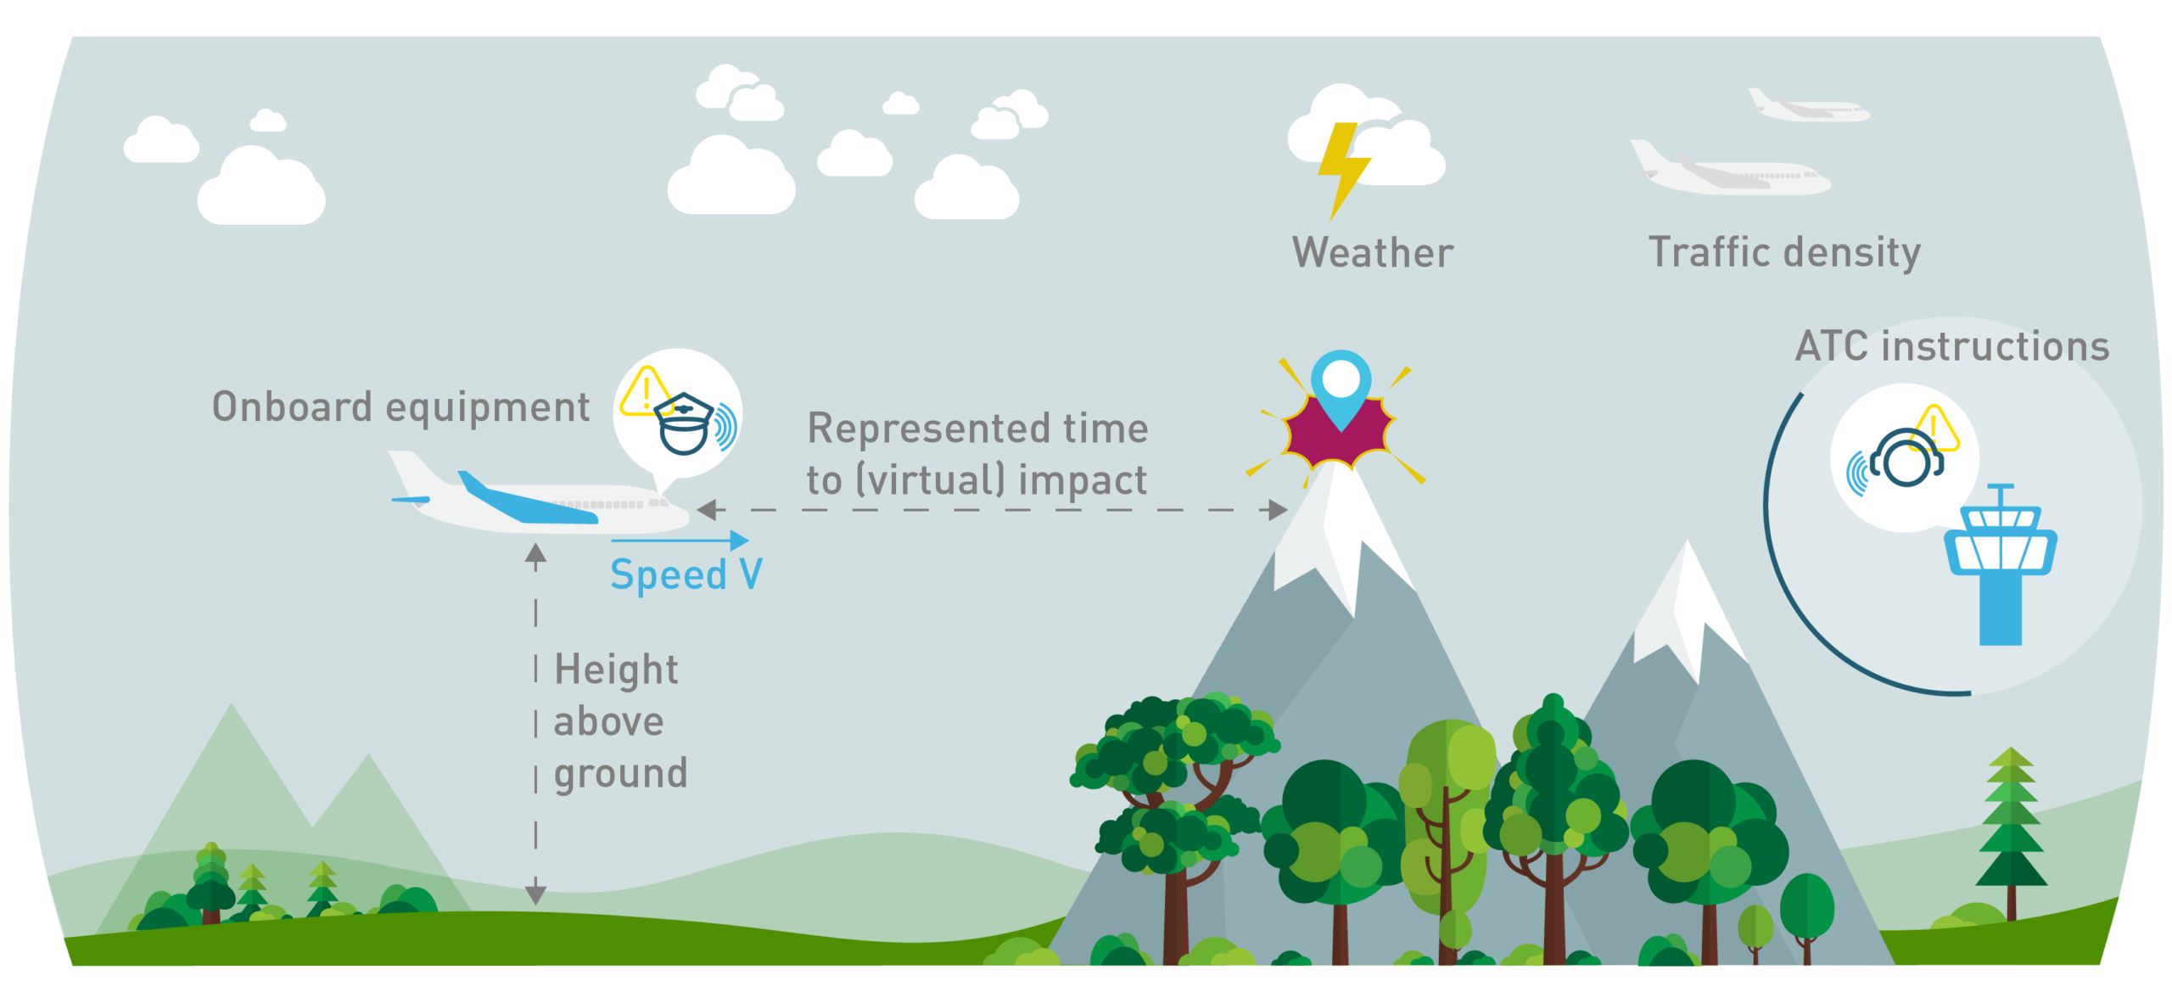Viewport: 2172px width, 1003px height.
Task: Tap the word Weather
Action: tap(1373, 253)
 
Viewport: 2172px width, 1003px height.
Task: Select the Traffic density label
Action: tap(1784, 253)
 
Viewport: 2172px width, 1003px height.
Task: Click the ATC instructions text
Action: tap(1952, 346)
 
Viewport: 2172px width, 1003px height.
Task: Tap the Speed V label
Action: tap(686, 575)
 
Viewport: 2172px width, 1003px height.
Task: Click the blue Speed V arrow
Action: tap(680, 540)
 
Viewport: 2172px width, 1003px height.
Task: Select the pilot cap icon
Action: tap(683, 423)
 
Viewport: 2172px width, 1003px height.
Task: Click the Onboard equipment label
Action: tap(400, 407)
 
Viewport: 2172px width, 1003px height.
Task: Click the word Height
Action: tap(616, 670)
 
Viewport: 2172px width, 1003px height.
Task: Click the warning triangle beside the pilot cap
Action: tap(646, 391)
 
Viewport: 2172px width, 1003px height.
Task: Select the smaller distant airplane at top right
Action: tap(1808, 107)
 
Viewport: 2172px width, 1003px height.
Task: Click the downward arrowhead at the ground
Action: tap(535, 894)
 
